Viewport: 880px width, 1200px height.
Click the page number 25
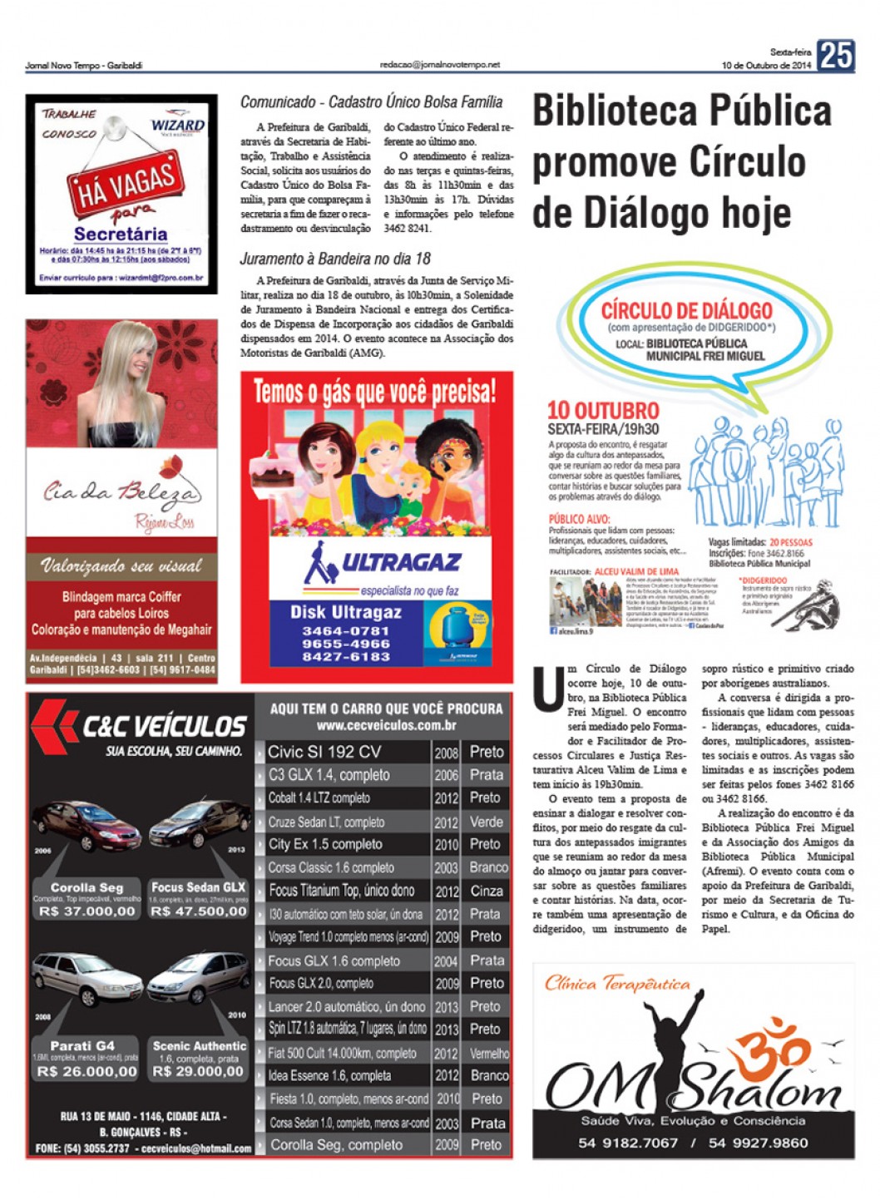tap(835, 56)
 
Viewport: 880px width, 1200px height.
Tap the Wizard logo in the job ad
tap(177, 126)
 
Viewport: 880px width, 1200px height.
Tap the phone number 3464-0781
tap(346, 631)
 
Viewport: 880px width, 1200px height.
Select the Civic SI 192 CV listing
tap(324, 752)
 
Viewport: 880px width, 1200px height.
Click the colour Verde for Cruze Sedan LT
tap(486, 822)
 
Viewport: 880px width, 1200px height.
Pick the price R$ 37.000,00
tap(87, 911)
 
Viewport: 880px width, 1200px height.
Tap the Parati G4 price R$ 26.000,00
tap(87, 1072)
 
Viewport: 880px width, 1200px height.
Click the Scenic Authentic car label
tap(200, 1045)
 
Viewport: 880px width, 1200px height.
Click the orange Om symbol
tap(779, 1052)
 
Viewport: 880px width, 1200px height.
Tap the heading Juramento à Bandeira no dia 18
tap(335, 259)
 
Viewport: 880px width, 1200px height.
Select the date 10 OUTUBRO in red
tap(602, 410)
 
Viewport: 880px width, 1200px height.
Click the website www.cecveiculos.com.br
tap(386, 725)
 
